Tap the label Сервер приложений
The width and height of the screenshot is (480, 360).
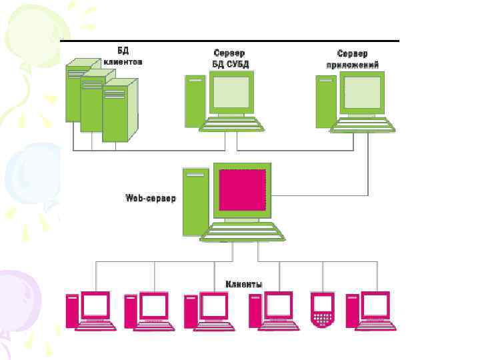[353, 58]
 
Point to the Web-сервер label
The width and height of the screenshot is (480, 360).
[151, 199]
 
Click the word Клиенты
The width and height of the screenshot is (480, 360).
[243, 284]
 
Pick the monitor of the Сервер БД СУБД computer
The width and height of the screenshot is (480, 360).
[231, 93]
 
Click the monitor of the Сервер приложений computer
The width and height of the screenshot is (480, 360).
[363, 93]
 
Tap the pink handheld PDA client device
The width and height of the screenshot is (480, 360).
[323, 311]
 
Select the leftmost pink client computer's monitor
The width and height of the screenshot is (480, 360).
[95, 305]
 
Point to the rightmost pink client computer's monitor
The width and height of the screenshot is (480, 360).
[375, 305]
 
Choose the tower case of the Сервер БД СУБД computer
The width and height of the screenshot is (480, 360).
[195, 100]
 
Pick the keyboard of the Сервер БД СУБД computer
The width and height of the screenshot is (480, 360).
[232, 125]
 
